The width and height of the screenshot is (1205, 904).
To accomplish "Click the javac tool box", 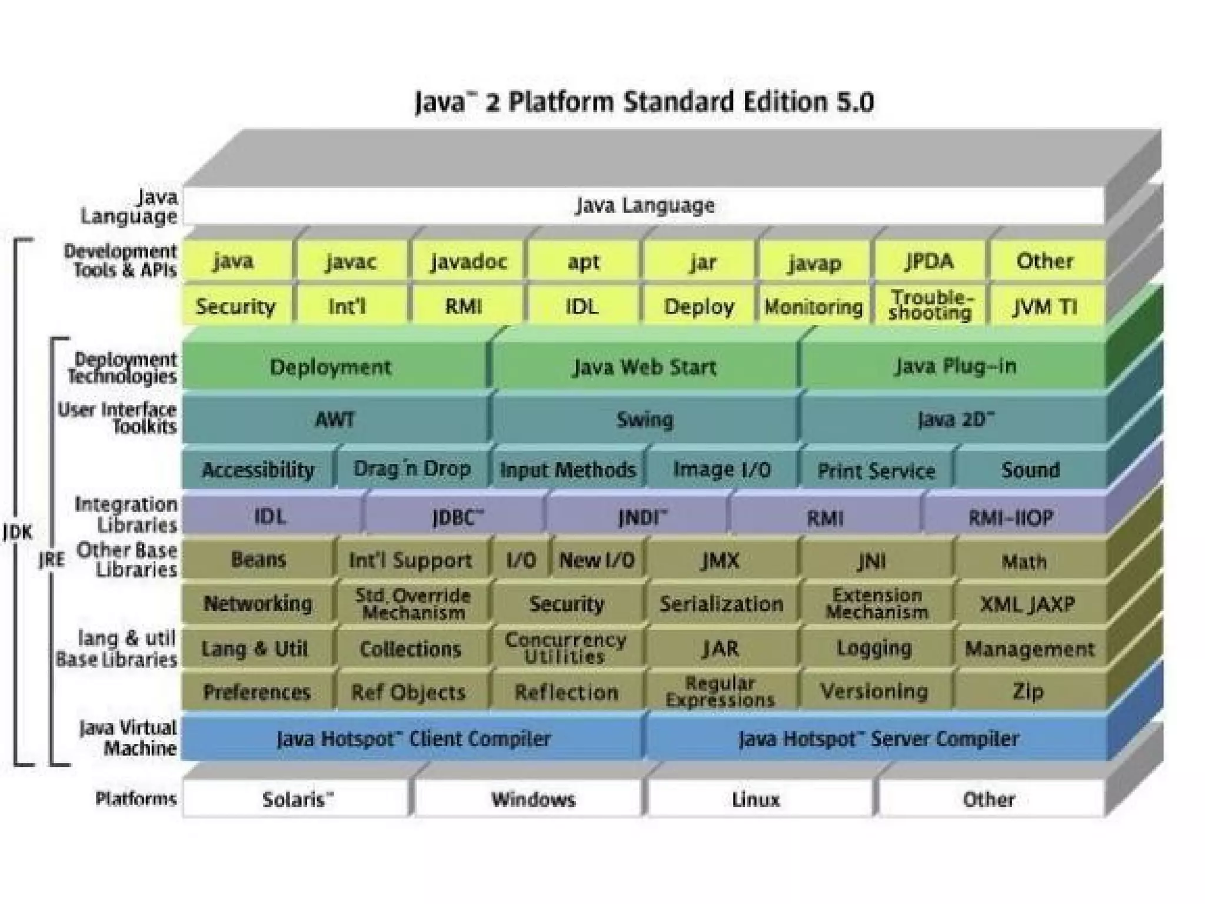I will pos(351,261).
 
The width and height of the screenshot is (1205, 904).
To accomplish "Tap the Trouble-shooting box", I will pos(930,305).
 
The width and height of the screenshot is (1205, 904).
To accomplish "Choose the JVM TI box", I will pos(1045,307).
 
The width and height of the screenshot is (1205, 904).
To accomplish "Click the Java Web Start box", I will pos(645,367).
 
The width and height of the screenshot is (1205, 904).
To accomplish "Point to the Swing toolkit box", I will pos(645,420).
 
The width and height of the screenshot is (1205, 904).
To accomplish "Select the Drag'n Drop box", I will pos(412,469).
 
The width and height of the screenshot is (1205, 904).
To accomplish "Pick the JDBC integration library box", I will pos(457,517).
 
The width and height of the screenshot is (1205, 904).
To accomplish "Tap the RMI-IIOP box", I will pos(1011,517).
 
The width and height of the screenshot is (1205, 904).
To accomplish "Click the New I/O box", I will pos(597,560).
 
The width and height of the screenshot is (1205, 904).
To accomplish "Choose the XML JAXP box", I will pos(1027,604).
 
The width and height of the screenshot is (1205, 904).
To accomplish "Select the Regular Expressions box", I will pos(720,692).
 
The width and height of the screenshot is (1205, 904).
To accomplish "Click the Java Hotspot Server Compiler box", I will pos(878,739).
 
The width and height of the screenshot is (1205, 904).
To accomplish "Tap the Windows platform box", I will pos(533,799).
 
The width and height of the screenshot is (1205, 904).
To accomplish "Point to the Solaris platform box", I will pos(297,799).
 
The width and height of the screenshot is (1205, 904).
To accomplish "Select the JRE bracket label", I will pos(52,560).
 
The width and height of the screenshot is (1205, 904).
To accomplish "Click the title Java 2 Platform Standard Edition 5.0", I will pos(644,102).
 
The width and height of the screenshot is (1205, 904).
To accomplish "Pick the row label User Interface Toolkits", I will pos(118,418).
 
